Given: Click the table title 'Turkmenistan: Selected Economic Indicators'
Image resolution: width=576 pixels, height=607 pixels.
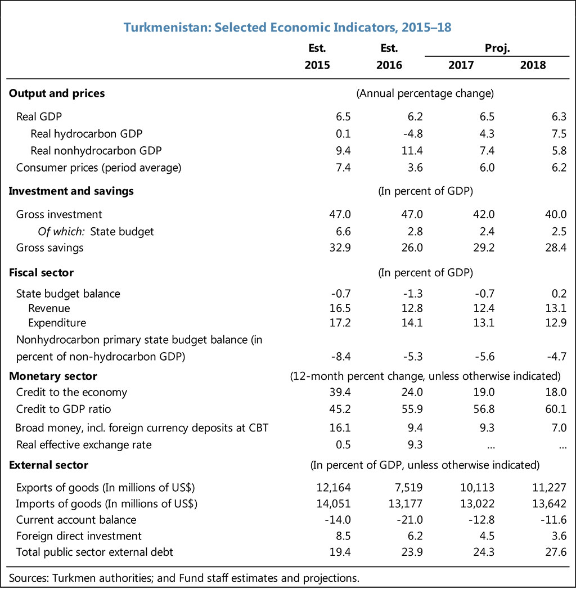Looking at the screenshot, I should (287, 27).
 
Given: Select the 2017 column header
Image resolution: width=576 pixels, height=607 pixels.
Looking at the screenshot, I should (461, 65).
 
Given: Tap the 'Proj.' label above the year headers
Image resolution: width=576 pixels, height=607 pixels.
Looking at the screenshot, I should (497, 48).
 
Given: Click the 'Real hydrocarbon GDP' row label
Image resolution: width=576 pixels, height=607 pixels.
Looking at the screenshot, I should (86, 134).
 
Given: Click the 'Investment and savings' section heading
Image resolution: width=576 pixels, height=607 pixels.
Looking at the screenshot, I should (71, 191).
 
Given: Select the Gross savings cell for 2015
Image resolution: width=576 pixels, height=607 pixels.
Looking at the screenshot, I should (340, 248).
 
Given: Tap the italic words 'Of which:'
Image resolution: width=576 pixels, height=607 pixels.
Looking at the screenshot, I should (61, 231).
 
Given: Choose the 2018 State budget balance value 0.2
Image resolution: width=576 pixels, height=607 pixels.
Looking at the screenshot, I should (558, 294).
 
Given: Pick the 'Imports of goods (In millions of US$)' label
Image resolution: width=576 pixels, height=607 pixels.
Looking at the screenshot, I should (107, 503).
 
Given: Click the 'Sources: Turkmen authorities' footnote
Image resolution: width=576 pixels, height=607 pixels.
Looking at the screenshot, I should (184, 578).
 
